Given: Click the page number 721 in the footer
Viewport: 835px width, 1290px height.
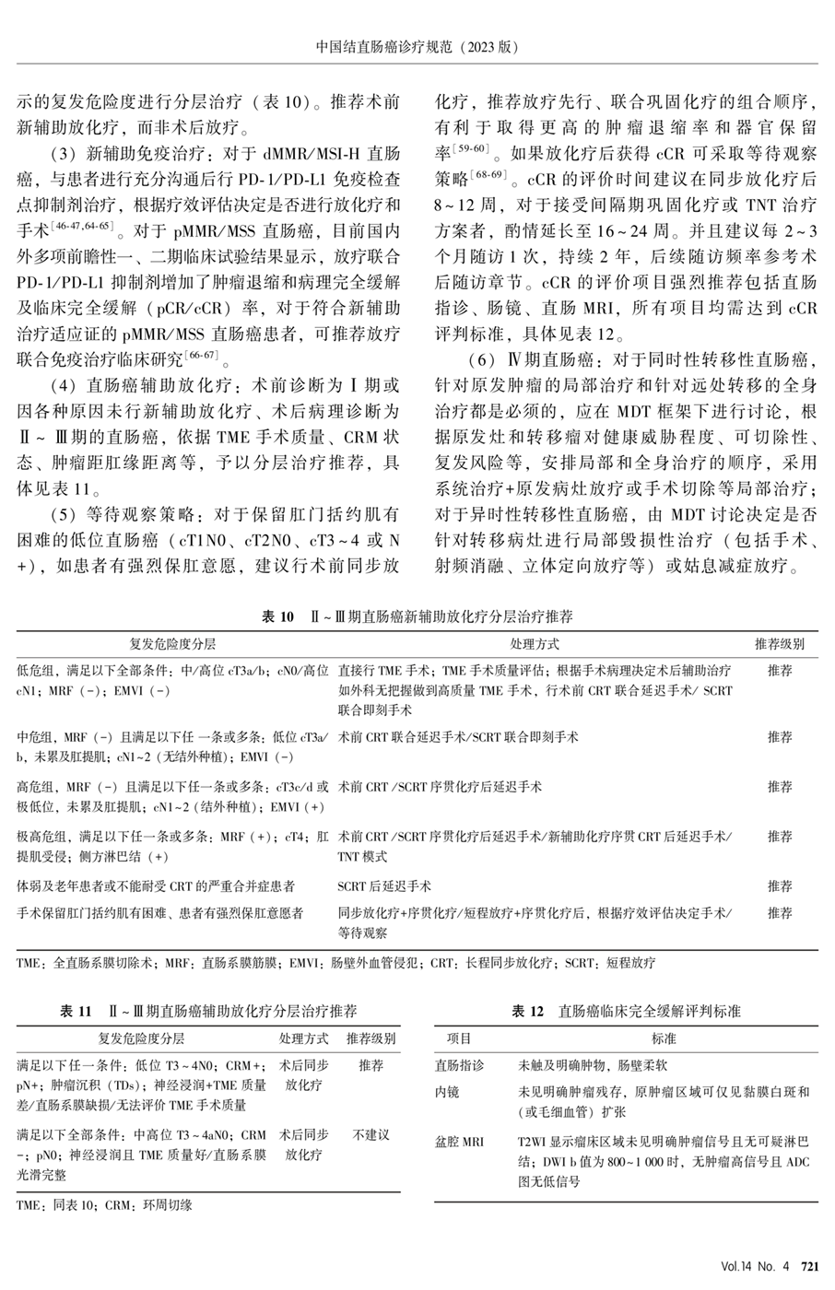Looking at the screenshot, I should [810, 1267].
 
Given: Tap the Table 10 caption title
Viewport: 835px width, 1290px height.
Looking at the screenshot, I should [417, 616].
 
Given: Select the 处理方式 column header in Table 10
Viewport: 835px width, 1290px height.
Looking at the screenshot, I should [535, 643].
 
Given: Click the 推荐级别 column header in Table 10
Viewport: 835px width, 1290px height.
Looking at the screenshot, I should [780, 643].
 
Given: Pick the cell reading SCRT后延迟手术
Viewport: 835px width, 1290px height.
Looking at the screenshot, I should [384, 885].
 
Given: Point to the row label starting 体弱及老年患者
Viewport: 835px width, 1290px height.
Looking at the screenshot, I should [156, 885].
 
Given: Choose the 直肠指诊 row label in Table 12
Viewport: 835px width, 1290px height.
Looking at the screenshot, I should [459, 1065].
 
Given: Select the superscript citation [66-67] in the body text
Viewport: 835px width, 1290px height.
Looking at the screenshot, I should [199, 355].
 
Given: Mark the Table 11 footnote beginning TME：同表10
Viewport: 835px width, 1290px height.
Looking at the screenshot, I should [104, 1204].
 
